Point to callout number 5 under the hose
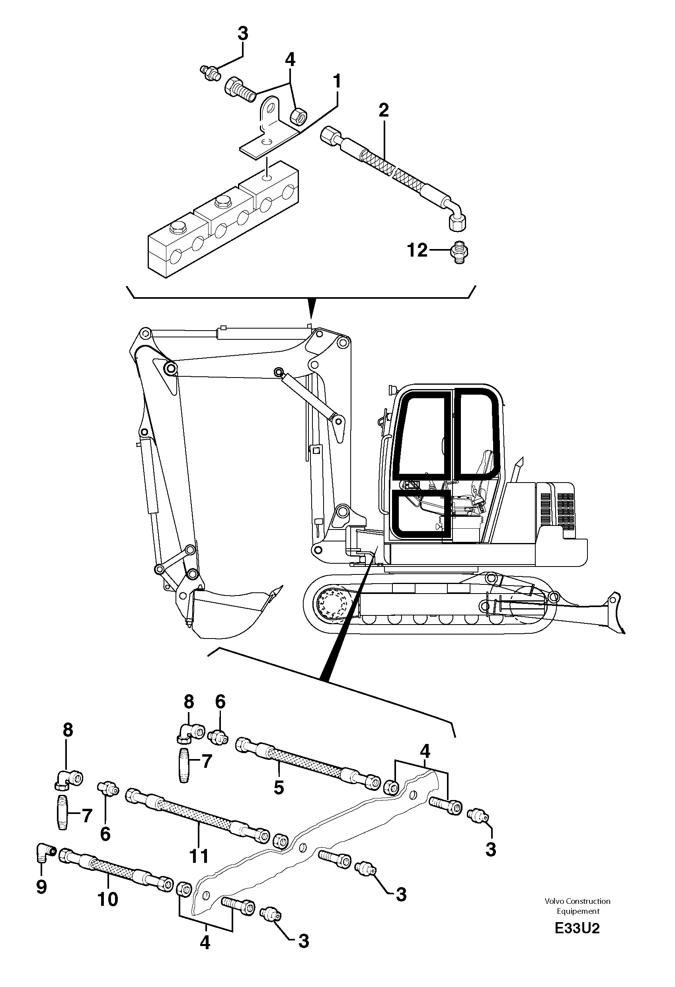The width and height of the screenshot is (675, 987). pyautogui.click(x=279, y=787)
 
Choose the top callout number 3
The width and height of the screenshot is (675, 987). pyautogui.click(x=242, y=33)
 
